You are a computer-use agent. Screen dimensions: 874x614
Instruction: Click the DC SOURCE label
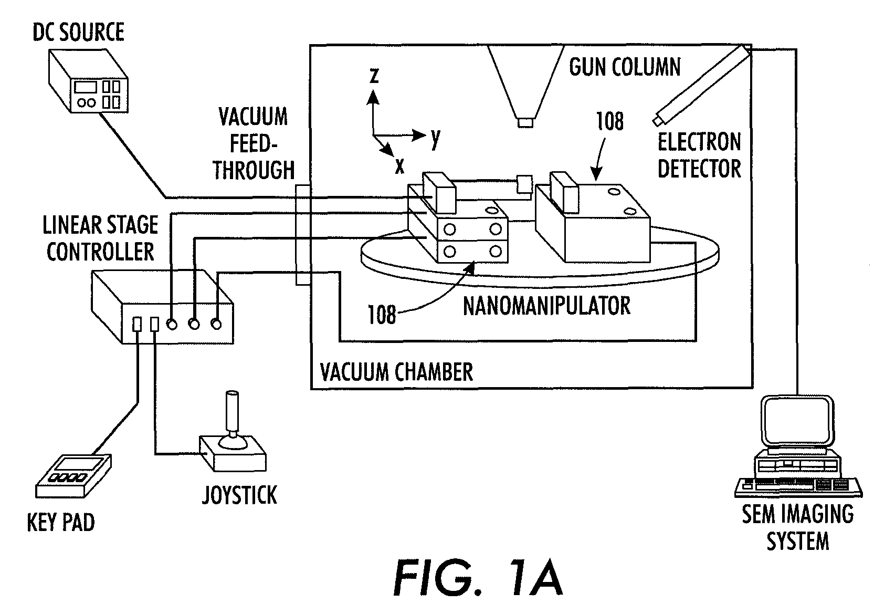[x=78, y=32]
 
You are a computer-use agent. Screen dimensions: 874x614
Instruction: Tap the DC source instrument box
[x=89, y=81]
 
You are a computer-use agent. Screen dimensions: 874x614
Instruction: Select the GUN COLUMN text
[x=625, y=67]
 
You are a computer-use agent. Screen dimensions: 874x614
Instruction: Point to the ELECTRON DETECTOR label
[x=699, y=155]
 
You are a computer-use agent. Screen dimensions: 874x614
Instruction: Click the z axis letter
[x=374, y=76]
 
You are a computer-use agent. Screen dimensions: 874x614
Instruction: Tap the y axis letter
[x=436, y=139]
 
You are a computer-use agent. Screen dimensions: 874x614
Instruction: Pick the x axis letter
[x=399, y=166]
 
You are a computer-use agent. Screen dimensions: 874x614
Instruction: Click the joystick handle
[x=233, y=414]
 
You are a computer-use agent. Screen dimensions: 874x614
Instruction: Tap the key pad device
[x=73, y=476]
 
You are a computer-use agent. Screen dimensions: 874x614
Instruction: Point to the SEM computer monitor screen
[x=797, y=421]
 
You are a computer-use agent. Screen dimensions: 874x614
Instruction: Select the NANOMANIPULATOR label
[x=546, y=306]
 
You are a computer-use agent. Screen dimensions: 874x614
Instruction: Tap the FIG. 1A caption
[x=478, y=577]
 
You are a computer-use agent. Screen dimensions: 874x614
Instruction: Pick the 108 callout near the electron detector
[x=610, y=121]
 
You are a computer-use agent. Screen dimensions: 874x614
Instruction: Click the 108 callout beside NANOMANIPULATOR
[x=382, y=315]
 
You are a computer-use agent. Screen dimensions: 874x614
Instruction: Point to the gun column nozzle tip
[x=525, y=122]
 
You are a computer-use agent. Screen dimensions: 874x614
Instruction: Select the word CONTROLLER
[x=100, y=252]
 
